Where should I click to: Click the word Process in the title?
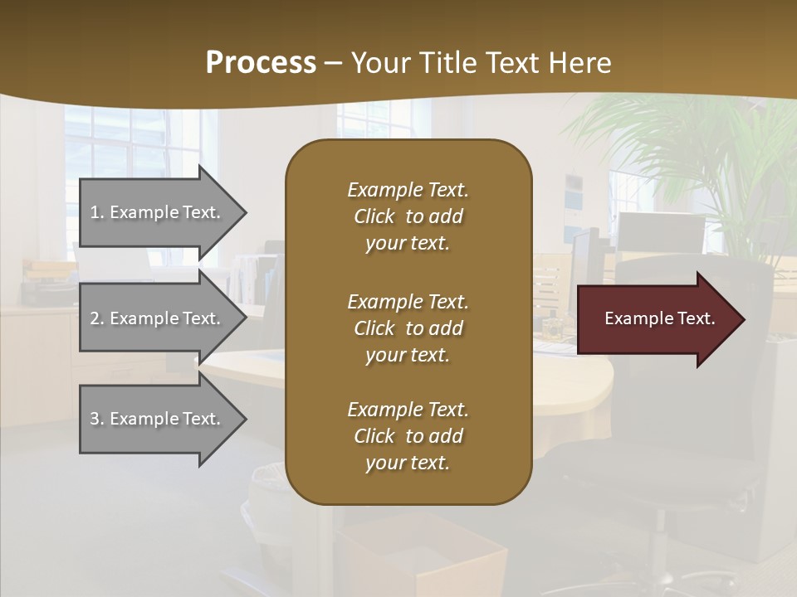(x=261, y=62)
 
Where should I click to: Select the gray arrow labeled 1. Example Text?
(x=158, y=212)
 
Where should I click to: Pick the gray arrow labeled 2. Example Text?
(x=158, y=318)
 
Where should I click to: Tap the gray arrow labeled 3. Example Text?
(x=158, y=419)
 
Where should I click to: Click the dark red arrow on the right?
(x=656, y=319)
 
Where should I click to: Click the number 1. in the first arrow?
(x=97, y=212)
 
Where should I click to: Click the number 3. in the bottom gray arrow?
(x=97, y=419)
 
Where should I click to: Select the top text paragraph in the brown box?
(x=408, y=216)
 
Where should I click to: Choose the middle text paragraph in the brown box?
(x=408, y=328)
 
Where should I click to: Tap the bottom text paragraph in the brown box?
(x=408, y=436)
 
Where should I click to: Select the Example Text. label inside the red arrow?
(x=659, y=318)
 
